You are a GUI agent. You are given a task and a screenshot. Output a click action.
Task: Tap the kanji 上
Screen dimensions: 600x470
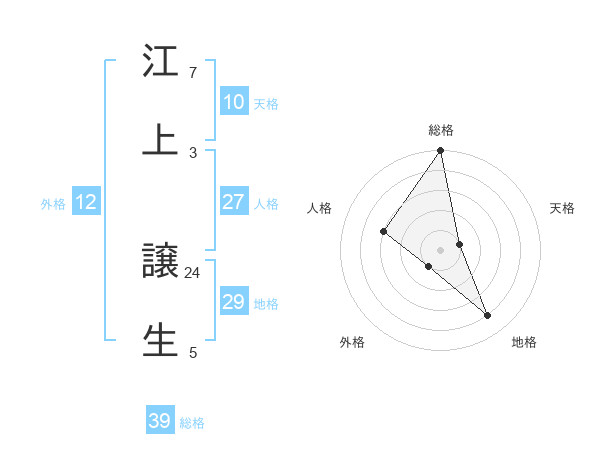coord(160,139)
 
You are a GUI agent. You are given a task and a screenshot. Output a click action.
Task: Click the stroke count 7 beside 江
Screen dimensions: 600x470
coord(192,73)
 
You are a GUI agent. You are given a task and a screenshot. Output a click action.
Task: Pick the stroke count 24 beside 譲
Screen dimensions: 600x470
coord(192,272)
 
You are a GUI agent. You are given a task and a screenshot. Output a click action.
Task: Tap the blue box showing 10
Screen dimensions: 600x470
coord(233,102)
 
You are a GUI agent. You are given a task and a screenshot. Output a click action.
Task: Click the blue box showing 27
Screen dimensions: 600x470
coord(233,202)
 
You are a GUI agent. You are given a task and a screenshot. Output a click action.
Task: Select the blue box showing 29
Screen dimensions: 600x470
coord(233,302)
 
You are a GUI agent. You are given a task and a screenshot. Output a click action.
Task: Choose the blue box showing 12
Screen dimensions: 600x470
coord(86,202)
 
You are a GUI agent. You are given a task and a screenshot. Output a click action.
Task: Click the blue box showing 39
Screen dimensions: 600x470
coord(160,421)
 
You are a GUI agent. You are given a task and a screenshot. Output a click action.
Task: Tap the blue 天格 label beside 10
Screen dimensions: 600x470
coord(265,104)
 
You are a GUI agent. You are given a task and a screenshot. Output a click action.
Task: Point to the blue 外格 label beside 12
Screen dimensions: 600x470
coord(53,204)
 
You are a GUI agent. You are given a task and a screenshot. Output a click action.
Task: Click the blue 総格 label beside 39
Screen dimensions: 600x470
coord(192,423)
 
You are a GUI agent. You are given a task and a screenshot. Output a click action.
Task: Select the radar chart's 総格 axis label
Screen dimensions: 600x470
coord(441,130)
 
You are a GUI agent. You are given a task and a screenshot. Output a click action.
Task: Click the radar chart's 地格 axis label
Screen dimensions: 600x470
coord(524,342)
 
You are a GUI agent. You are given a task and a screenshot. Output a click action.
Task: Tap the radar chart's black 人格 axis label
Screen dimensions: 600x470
coord(319,208)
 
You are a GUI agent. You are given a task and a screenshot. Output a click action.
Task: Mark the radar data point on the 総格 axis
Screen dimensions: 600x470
coord(441,152)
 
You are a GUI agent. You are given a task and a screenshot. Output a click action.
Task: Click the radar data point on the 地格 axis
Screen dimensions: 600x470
coord(488,315)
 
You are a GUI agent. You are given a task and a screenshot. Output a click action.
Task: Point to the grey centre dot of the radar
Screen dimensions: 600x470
coord(441,249)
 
